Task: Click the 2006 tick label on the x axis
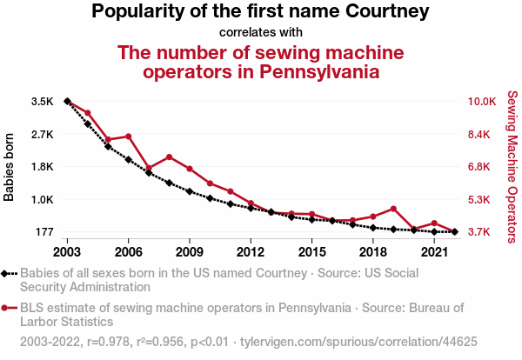128,252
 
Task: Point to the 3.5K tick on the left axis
42,102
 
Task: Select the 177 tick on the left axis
44,232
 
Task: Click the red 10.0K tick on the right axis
482,102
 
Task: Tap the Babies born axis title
10,167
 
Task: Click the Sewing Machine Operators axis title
512,167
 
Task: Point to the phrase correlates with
261,32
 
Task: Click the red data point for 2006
129,137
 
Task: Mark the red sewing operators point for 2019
393,209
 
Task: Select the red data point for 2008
169,157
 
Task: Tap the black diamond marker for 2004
88,124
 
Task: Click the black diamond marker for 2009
190,191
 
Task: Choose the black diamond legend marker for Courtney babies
6,273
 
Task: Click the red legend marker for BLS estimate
6,307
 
